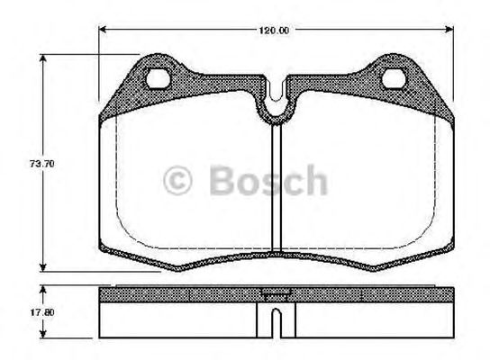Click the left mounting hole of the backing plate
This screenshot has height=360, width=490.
coord(161,78)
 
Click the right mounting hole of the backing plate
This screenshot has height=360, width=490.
coord(395,78)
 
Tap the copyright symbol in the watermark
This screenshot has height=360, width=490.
coord(178,181)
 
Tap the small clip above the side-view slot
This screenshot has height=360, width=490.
coord(272,293)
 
